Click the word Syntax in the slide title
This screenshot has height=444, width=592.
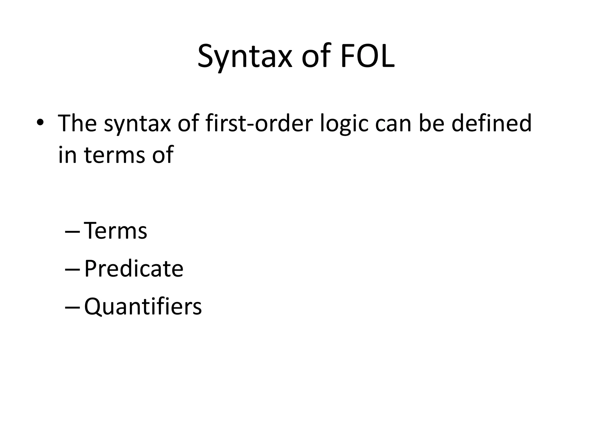tap(245, 56)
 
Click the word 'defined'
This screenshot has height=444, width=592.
tap(491, 123)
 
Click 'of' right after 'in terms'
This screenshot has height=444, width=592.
tap(163, 155)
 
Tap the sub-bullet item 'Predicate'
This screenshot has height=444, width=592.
tap(134, 269)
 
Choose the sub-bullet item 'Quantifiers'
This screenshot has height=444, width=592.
tap(143, 307)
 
